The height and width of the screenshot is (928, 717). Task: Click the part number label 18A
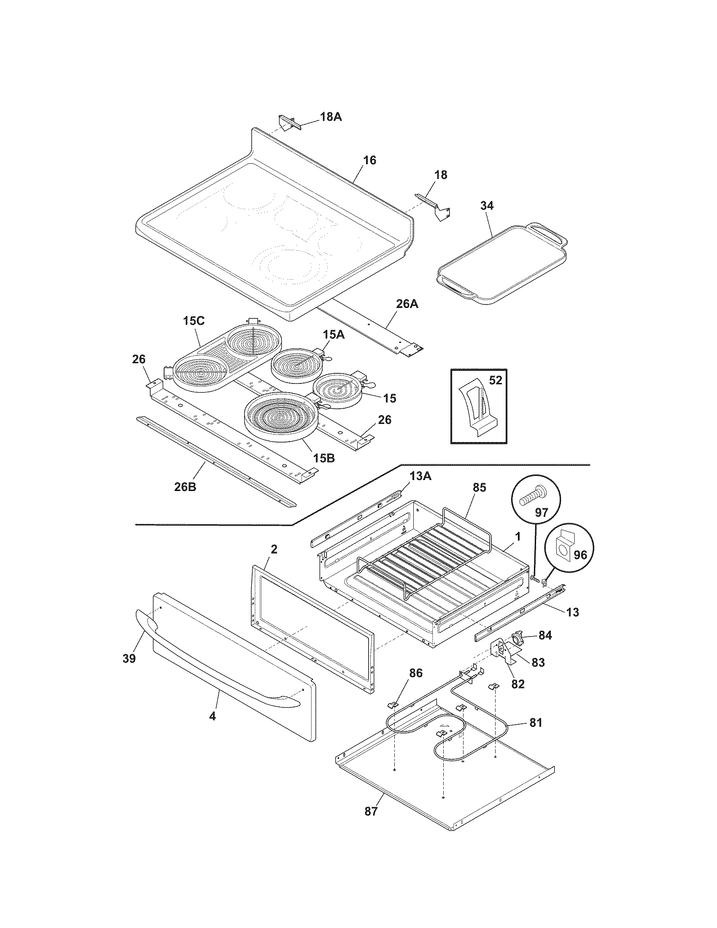pyautogui.click(x=331, y=116)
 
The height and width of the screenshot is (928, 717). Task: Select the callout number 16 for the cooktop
pyautogui.click(x=369, y=160)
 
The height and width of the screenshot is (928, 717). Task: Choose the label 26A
pyautogui.click(x=407, y=304)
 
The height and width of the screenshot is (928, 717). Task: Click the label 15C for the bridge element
pyautogui.click(x=194, y=321)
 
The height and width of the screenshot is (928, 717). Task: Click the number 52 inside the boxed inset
pyautogui.click(x=495, y=380)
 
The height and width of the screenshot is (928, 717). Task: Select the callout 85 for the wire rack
pyautogui.click(x=478, y=487)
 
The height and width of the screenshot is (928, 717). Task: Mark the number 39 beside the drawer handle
pyautogui.click(x=129, y=658)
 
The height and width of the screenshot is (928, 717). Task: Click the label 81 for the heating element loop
pyautogui.click(x=535, y=722)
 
